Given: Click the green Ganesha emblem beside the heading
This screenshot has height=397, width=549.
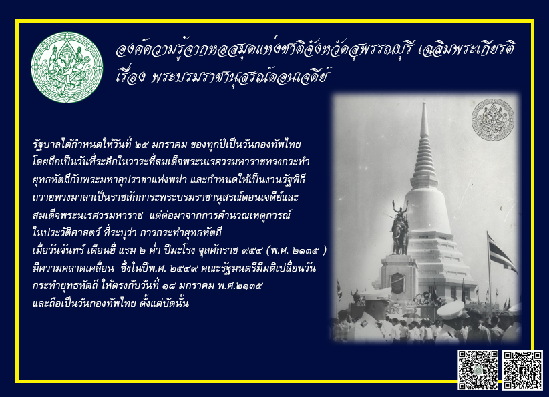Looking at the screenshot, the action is pos(67,67).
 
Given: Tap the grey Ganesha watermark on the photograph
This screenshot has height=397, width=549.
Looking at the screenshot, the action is pos(493,120).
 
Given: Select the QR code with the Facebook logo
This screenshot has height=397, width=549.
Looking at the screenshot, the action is pos(522,370).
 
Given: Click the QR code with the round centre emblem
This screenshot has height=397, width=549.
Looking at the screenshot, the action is pos(478,370).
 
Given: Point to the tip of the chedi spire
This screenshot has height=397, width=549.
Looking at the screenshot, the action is pos(424,103).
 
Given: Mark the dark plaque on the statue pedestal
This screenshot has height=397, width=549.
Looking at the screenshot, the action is pos(397,282).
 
